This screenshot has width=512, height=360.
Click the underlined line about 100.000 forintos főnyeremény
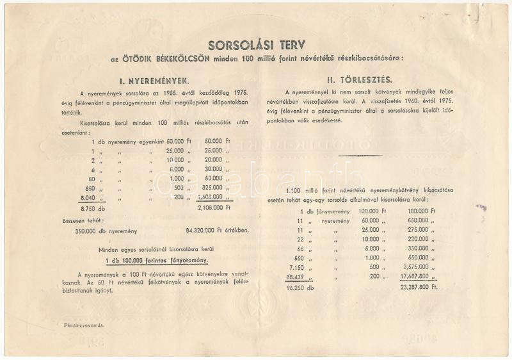pyautogui.click(x=157, y=260)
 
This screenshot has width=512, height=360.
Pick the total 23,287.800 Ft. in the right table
pyautogui.click(x=417, y=288)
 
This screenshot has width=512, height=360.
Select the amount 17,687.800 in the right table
pyautogui.click(x=414, y=277)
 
